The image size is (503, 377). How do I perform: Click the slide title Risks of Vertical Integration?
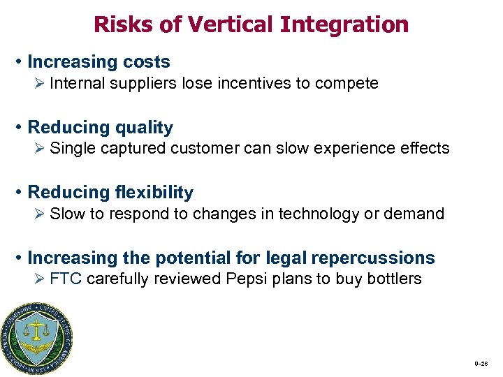251,24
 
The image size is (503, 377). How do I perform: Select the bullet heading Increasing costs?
99,61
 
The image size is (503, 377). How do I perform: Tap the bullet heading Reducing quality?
100,127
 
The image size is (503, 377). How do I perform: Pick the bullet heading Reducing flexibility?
110,192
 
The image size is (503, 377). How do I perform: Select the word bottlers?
395,279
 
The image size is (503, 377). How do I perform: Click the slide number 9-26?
481,364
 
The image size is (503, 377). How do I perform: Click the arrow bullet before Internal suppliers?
41,84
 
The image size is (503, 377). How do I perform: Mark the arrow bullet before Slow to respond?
41,214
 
